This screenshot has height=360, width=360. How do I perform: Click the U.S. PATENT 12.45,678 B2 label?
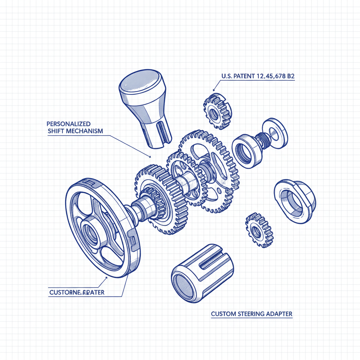(x=258, y=76)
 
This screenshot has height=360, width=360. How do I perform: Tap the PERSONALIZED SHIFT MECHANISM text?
(x=75, y=128)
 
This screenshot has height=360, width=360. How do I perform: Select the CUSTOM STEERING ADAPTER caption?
(x=251, y=314)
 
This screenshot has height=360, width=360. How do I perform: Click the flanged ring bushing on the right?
(x=294, y=200)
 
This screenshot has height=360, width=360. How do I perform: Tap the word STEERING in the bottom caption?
(x=251, y=314)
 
